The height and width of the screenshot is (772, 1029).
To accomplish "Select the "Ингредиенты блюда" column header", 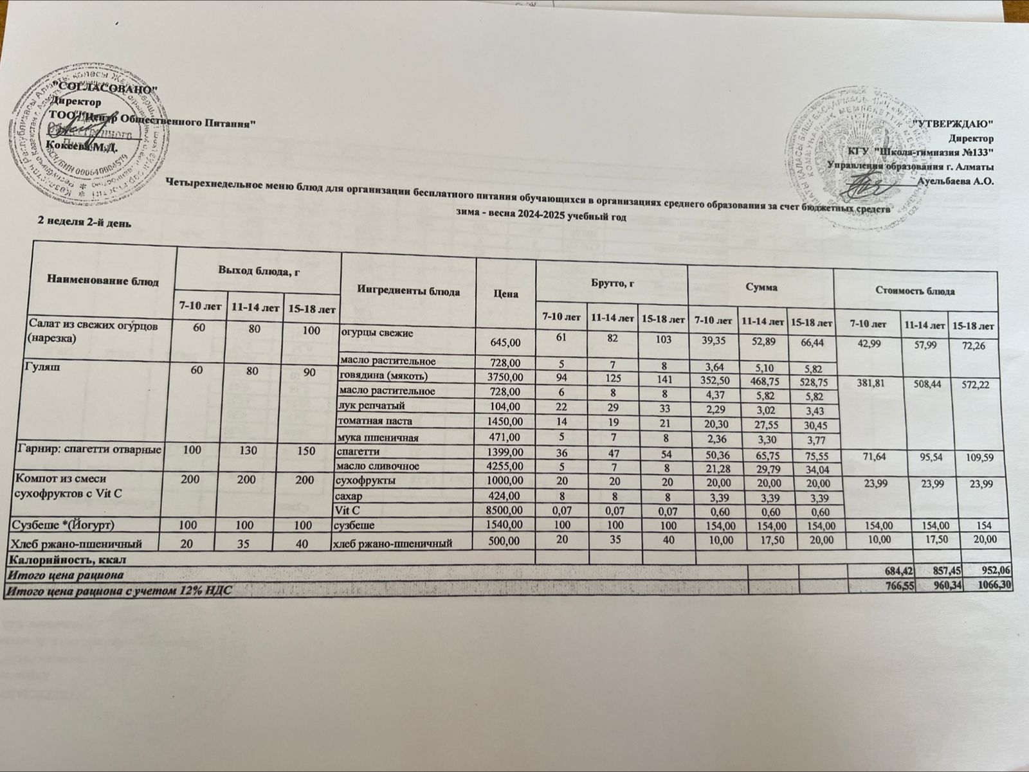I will click(x=407, y=291).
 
